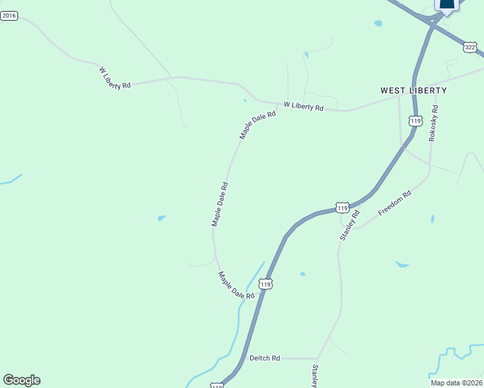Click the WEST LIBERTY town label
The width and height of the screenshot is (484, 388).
(413, 91)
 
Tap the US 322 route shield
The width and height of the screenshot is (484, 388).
(470, 47)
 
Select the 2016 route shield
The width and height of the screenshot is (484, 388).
(9, 16)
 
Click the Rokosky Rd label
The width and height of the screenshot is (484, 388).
(434, 124)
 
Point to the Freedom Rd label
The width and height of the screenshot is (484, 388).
(395, 203)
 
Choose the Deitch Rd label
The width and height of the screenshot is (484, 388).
(264, 358)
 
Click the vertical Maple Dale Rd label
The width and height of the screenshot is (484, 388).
(220, 204)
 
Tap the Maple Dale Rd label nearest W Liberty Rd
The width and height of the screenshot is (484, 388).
(258, 125)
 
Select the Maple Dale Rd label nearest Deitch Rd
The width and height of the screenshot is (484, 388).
(236, 285)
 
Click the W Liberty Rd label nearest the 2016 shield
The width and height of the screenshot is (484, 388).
(115, 78)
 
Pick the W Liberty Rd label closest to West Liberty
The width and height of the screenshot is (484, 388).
(303, 107)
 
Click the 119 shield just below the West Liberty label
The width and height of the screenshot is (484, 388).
(415, 121)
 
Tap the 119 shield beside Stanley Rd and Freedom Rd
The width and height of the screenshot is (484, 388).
(342, 208)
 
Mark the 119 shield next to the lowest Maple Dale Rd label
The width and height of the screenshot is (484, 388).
(265, 284)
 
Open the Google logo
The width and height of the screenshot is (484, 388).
(21, 380)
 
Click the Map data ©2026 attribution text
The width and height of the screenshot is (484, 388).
(456, 382)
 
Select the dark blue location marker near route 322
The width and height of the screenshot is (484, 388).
(447, 5)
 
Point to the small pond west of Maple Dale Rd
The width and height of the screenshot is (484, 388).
(161, 218)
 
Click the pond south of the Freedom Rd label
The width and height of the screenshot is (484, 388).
(402, 264)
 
